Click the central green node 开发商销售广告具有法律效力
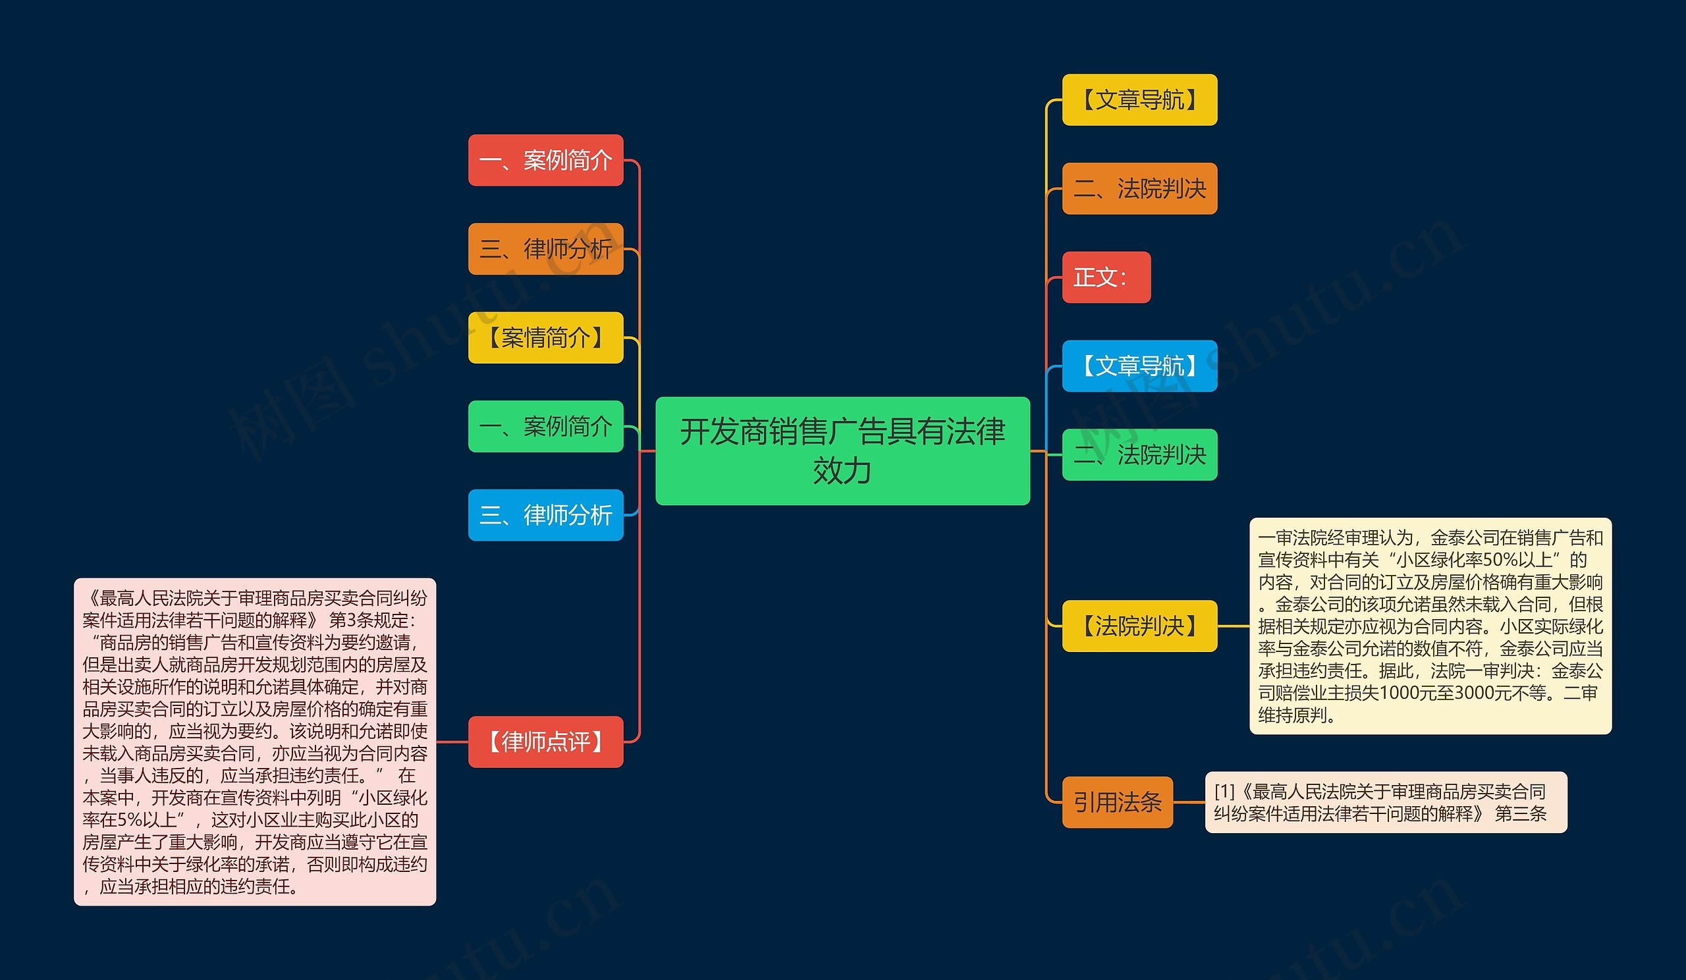(842, 450)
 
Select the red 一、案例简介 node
(545, 160)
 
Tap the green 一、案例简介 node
(545, 426)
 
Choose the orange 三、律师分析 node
(545, 249)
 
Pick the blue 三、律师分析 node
(545, 515)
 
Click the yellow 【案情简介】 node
(545, 338)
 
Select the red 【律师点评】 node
(545, 742)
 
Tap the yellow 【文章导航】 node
(1139, 99)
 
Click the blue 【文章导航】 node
(1139, 366)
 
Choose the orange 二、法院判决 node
(1139, 188)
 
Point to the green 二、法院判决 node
(1139, 455)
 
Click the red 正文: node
(1106, 277)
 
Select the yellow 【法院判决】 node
(1139, 626)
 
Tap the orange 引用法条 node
(1118, 802)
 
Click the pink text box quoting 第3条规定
(255, 742)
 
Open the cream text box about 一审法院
(1430, 626)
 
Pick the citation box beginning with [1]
(1386, 802)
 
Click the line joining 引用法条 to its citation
(1189, 802)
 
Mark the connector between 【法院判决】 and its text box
(1233, 626)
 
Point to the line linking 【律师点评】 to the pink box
(452, 742)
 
